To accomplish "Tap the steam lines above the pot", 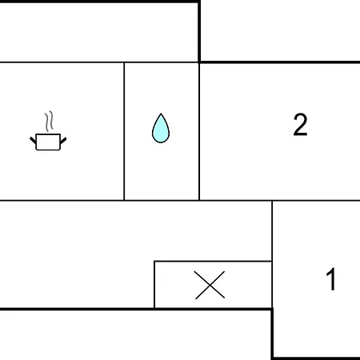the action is click(49, 122).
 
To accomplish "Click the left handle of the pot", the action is click(33, 141).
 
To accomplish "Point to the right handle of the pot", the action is click(63, 141).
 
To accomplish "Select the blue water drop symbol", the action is click(161, 129).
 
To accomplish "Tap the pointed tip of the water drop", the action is click(161, 114).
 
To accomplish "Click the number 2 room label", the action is click(300, 125).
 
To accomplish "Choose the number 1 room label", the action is click(331, 279).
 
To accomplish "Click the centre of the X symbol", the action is click(210, 285).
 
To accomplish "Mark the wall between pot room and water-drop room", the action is click(124, 131).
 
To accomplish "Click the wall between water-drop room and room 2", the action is click(199, 131).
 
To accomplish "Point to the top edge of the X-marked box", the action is click(213, 262).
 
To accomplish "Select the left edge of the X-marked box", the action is click(154, 285).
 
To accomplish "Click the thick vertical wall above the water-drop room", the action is click(199, 31).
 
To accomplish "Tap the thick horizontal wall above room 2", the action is click(279, 62).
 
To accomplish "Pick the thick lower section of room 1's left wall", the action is click(272, 334).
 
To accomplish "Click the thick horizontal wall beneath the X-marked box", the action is click(136, 309).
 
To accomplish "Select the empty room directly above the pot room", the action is click(98, 32).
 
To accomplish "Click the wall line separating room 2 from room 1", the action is click(316, 200).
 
